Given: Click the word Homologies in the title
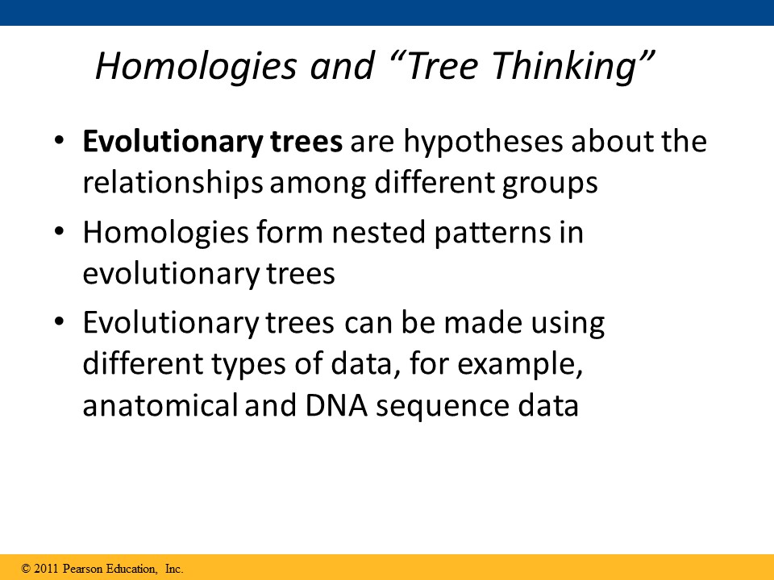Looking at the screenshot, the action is click(x=196, y=66).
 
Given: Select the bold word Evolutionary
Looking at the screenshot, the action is click(x=173, y=143).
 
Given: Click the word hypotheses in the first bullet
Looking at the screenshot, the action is click(x=483, y=143).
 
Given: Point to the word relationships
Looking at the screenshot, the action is click(x=173, y=184).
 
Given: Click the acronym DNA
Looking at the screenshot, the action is click(x=337, y=406).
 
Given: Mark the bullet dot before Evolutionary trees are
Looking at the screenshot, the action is click(x=59, y=141).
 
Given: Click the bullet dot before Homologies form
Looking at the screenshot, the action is click(x=59, y=232).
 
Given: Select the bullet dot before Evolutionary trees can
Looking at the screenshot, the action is click(x=59, y=322).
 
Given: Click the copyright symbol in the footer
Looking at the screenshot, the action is click(x=26, y=569).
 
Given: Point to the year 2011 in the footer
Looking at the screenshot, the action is click(x=47, y=569).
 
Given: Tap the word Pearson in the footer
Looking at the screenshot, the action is click(x=82, y=569).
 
